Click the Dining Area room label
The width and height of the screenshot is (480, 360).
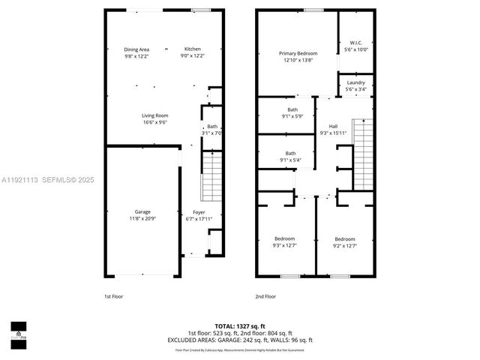pos(136,49)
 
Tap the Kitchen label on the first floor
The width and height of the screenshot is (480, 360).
pos(193,49)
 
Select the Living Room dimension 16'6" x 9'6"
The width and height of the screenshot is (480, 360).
pos(154,121)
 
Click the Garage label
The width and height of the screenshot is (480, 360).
pos(142,212)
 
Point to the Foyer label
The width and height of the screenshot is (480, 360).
pos(199,212)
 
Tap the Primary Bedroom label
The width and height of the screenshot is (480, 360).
pos(298,53)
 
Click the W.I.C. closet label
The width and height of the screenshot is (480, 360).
pos(355,43)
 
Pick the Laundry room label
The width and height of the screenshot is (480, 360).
pos(355,82)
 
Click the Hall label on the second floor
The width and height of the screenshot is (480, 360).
pos(333,126)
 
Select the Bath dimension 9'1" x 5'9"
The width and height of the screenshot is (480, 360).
pos(290,115)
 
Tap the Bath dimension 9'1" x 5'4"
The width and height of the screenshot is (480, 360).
pos(290,160)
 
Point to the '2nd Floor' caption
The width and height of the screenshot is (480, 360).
pos(265,296)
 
